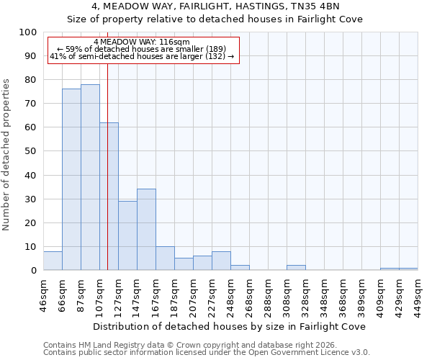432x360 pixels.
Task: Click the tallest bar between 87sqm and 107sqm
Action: (90, 177)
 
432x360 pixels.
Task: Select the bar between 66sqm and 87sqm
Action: (71, 179)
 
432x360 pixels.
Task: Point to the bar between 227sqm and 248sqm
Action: (221, 261)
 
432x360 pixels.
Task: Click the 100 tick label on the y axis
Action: (28, 32)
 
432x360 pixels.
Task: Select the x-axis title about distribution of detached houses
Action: (229, 326)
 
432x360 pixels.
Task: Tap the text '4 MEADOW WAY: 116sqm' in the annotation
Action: (142, 42)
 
